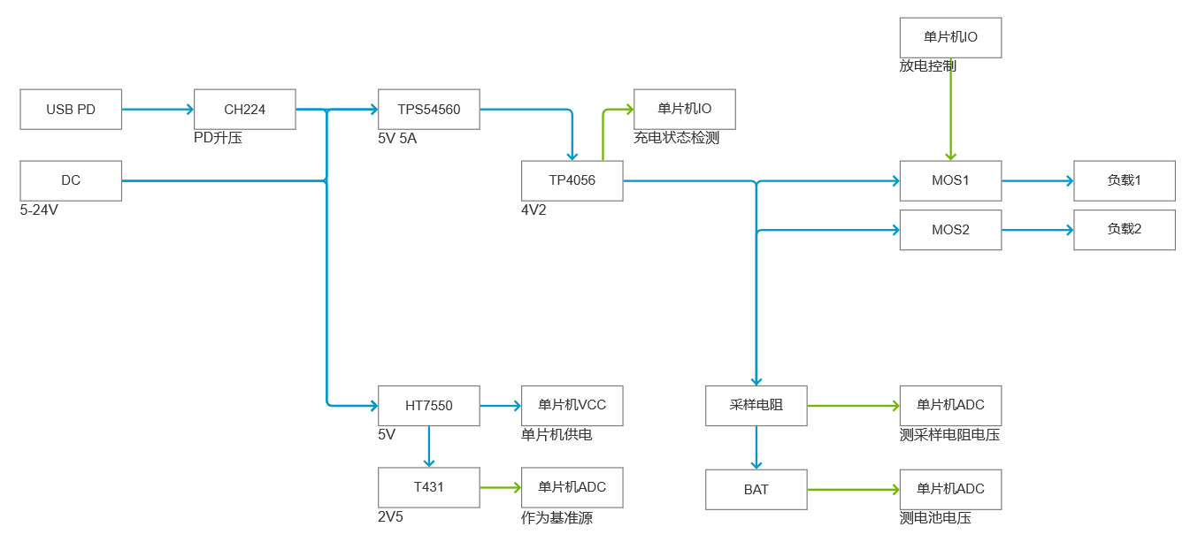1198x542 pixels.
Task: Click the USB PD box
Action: click(x=71, y=110)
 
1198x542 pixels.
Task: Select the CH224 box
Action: click(x=244, y=110)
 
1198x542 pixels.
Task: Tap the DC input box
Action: click(x=71, y=180)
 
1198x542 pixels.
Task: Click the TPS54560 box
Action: click(x=428, y=110)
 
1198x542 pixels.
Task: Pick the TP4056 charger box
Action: click(x=572, y=180)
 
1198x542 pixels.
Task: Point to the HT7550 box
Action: click(x=428, y=406)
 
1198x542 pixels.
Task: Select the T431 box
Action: click(x=428, y=488)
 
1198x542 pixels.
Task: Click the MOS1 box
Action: click(x=950, y=180)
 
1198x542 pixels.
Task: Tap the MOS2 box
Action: click(x=950, y=230)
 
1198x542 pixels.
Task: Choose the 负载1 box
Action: click(x=1124, y=180)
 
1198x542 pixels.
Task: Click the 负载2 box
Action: click(x=1124, y=230)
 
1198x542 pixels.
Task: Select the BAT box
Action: click(x=756, y=489)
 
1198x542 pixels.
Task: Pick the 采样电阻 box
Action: click(x=756, y=406)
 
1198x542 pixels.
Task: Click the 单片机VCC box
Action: click(x=572, y=406)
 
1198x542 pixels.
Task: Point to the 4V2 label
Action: click(x=534, y=210)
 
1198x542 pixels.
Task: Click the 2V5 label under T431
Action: click(x=390, y=517)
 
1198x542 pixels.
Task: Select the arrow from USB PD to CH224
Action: click(x=157, y=110)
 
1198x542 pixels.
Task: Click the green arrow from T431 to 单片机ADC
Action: click(x=501, y=488)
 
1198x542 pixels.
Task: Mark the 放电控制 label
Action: click(x=927, y=66)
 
